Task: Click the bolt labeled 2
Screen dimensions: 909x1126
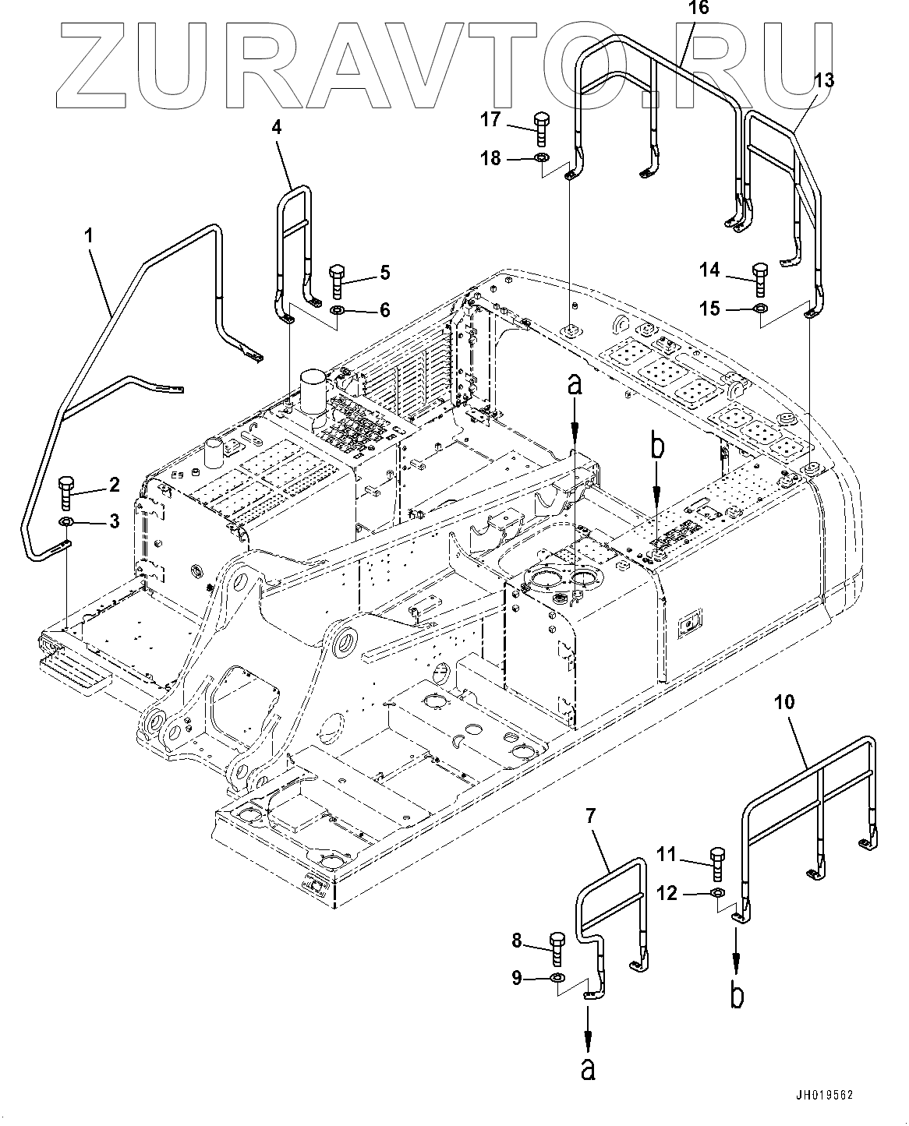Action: (x=66, y=493)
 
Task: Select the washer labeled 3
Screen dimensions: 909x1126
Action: (x=66, y=522)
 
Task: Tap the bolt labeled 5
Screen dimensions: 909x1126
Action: (x=337, y=281)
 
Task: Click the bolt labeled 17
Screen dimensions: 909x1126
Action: (x=541, y=129)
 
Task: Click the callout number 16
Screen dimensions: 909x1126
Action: (x=697, y=8)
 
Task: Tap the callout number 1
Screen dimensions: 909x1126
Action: (x=89, y=236)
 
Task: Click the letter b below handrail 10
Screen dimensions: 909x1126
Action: (x=737, y=997)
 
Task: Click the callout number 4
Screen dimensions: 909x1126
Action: (x=277, y=127)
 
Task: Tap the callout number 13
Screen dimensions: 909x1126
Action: (x=824, y=80)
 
